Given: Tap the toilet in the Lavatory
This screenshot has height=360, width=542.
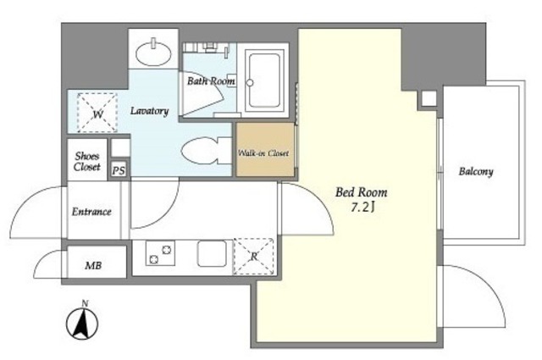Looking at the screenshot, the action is (206, 151).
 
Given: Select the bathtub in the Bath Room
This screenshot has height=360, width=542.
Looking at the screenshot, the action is (264, 80).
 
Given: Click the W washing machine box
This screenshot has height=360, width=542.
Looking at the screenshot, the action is (97, 113).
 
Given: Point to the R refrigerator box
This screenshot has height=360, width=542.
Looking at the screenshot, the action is (254, 257).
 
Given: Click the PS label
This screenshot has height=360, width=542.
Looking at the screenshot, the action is (119, 170).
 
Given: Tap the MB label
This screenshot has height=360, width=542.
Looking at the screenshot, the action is (93, 266).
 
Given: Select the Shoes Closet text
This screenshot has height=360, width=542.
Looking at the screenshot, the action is (87, 162).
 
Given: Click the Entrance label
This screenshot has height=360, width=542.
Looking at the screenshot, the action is (91, 212).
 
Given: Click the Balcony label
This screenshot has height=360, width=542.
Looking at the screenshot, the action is (476, 171).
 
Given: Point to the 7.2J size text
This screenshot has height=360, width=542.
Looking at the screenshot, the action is (363, 208).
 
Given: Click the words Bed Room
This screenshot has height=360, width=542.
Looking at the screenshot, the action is (362, 192).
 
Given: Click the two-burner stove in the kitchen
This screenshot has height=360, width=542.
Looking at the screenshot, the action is (160, 253).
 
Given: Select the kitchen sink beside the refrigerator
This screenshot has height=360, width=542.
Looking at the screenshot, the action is (212, 253).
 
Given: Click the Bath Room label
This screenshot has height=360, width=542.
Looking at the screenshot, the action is (211, 81).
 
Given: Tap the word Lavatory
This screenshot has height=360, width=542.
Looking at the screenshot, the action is (150, 111).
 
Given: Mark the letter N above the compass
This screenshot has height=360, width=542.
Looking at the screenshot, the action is (85, 303).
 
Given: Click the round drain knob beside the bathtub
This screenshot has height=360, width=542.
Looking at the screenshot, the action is (250, 83).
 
